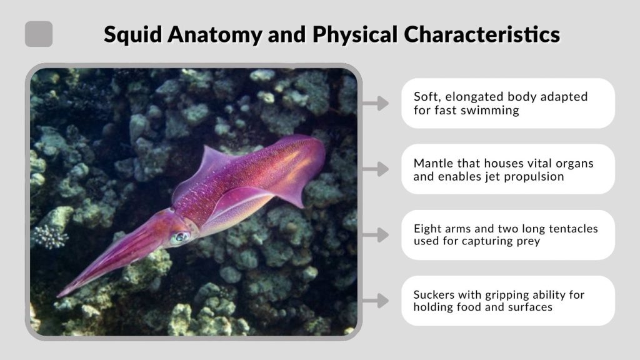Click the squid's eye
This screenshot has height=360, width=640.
pyautogui.click(x=180, y=237)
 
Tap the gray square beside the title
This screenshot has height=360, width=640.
pyautogui.click(x=39, y=34)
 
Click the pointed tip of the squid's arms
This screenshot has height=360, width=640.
pyautogui.click(x=59, y=294)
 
